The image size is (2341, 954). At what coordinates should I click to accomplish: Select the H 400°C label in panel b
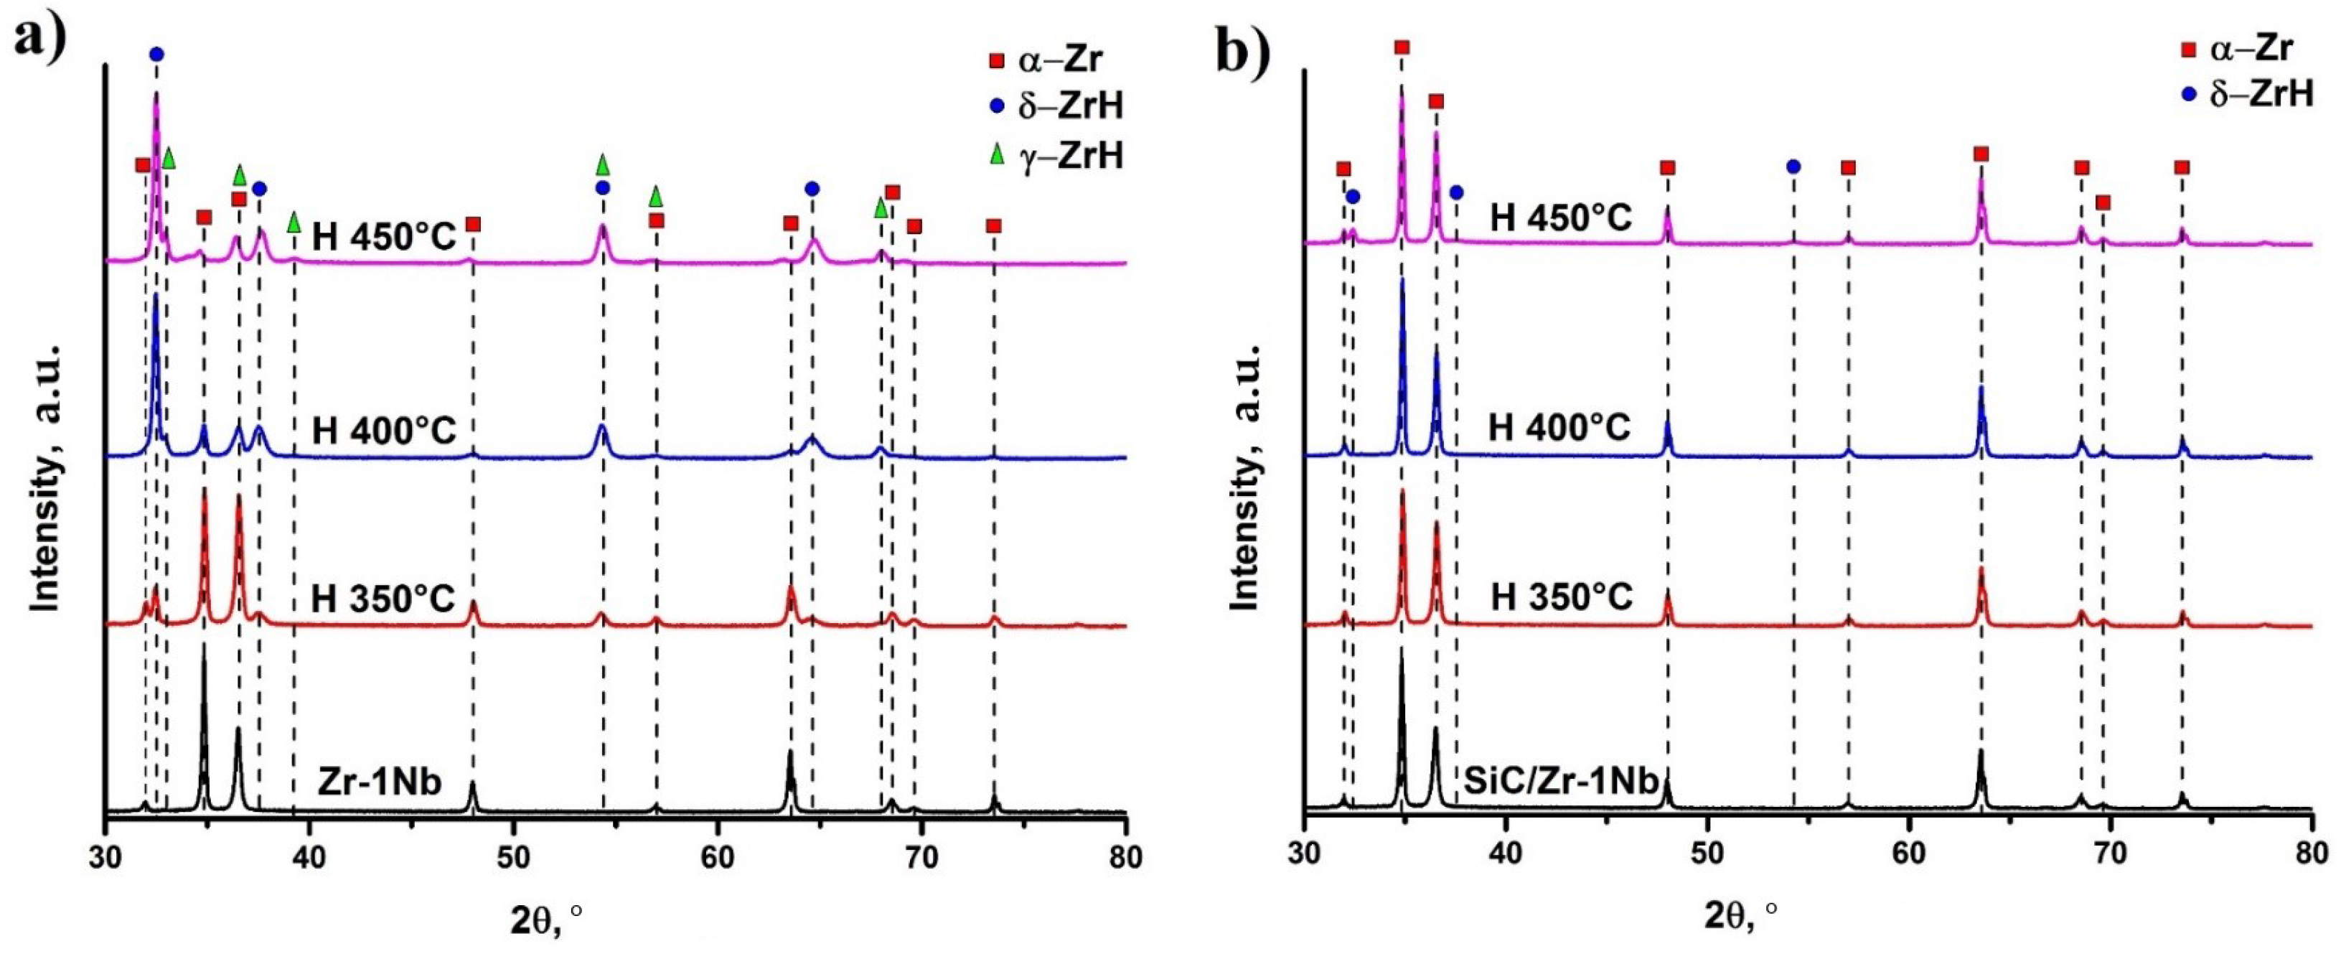(x=1559, y=426)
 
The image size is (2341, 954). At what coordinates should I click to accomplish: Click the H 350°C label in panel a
(x=383, y=599)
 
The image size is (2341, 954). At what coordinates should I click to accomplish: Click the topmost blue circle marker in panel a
(x=156, y=55)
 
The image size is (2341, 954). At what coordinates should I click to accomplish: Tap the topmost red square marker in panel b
(x=1402, y=47)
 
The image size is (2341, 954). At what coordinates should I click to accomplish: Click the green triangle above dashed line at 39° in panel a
(x=294, y=221)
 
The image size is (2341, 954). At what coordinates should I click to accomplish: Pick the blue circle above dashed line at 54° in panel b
(x=1793, y=167)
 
